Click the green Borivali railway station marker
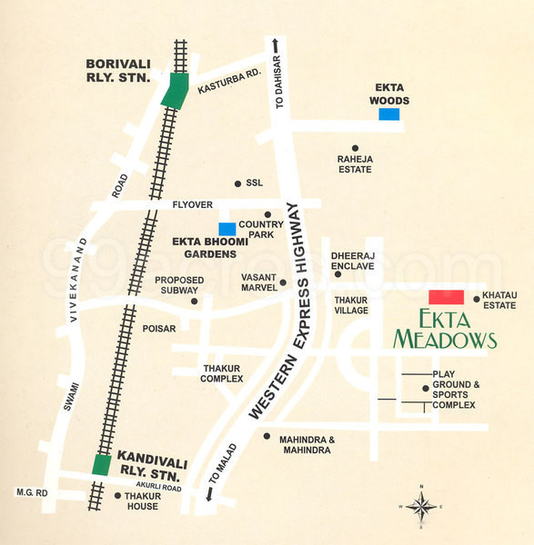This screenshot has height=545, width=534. [173, 92]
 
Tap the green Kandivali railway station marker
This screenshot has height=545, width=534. [102, 465]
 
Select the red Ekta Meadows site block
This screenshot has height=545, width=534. [446, 298]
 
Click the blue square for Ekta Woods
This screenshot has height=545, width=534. [389, 114]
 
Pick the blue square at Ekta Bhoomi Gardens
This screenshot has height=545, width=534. [227, 229]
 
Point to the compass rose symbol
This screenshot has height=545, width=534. [420, 506]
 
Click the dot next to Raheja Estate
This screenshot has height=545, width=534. [355, 147]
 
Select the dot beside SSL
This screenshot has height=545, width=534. [237, 183]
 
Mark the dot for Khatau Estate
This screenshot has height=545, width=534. [476, 298]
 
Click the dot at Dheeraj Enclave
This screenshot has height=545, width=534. [338, 273]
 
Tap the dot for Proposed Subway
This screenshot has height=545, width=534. [194, 301]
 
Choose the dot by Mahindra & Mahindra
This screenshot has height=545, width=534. [267, 436]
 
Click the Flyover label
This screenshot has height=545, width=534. [192, 206]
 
